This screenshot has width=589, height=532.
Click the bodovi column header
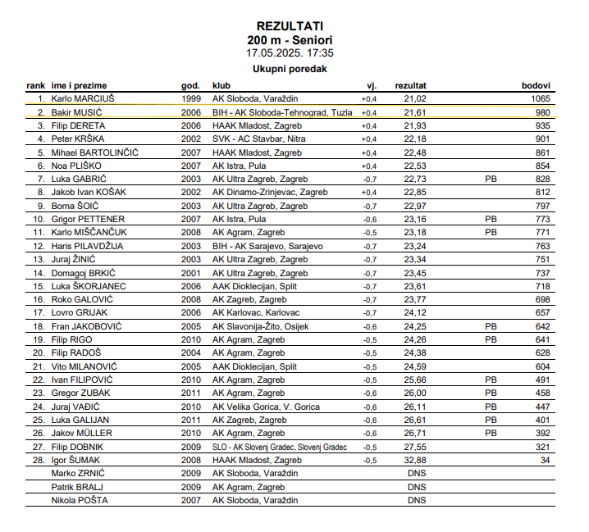pyautogui.click(x=536, y=85)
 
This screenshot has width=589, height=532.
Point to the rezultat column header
pyautogui.click(x=410, y=85)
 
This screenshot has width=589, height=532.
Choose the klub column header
pyautogui.click(x=221, y=85)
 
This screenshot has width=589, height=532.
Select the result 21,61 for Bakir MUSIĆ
pyautogui.click(x=415, y=112)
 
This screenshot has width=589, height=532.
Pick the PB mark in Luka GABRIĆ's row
pyautogui.click(x=491, y=179)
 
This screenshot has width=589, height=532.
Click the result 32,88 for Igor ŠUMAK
pyautogui.click(x=415, y=460)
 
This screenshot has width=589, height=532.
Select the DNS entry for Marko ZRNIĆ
pyautogui.click(x=416, y=473)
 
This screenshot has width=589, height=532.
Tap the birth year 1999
pyautogui.click(x=190, y=98)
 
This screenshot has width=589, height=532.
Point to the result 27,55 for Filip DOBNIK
pyautogui.click(x=415, y=447)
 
